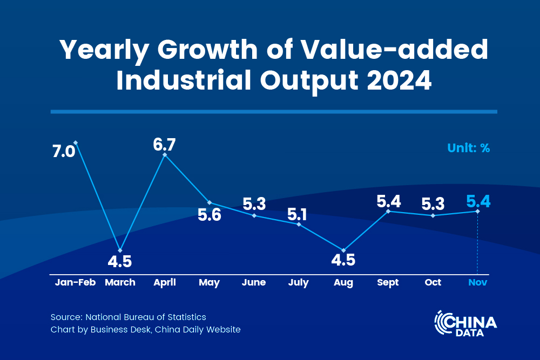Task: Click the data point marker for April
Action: [x=165, y=155]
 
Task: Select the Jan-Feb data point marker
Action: [x=76, y=142]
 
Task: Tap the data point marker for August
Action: [x=343, y=250]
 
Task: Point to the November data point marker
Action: [x=477, y=211]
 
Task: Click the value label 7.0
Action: [x=63, y=152]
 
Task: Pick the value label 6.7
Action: [x=165, y=145]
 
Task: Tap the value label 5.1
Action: [x=297, y=214]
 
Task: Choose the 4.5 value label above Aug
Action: [x=343, y=261]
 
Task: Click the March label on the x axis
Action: [x=120, y=282]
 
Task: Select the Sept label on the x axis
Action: [x=388, y=282]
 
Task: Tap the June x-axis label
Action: [x=254, y=282]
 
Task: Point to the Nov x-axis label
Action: [x=477, y=282]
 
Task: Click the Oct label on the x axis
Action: [x=433, y=282]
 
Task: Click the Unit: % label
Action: [x=468, y=148]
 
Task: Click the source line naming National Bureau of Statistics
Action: [x=129, y=317]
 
